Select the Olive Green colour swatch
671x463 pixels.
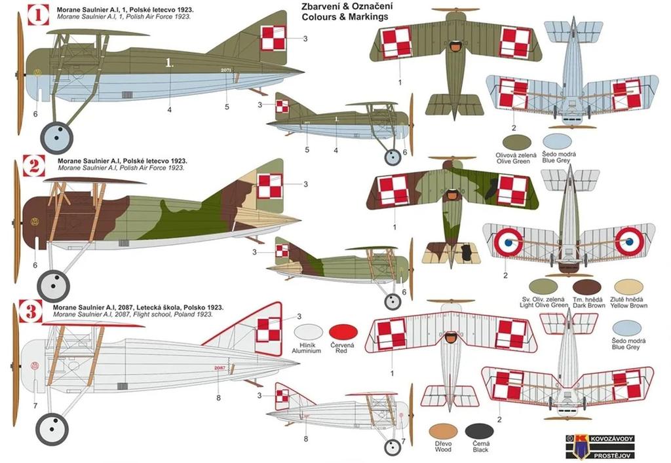(x=517, y=141)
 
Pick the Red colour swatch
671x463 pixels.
(x=343, y=333)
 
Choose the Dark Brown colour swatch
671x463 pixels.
(x=586, y=287)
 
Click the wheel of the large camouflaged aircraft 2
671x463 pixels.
(x=53, y=286)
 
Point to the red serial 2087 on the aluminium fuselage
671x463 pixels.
(x=220, y=368)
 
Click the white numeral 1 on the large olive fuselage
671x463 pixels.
(x=170, y=64)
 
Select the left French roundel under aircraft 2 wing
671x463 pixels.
(x=508, y=242)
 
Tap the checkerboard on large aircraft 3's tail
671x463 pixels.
(x=269, y=331)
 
